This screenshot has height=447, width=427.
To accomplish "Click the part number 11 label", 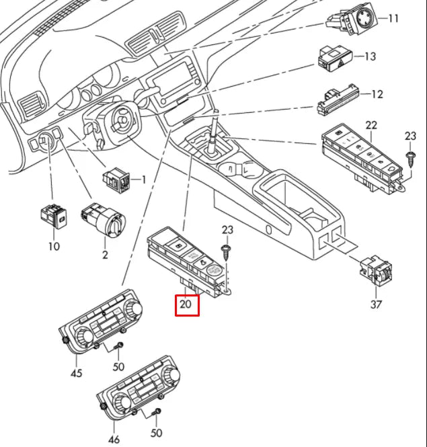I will tap(393, 19).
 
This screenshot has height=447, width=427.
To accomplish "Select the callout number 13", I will tap(370, 56).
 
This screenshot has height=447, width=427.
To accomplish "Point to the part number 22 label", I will tap(371, 124).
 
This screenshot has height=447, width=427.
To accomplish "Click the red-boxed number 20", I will tap(188, 307).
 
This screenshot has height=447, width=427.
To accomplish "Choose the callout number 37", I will tap(376, 304).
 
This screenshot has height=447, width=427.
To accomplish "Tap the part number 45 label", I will tap(77, 372).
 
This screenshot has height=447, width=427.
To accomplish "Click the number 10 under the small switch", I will tap(54, 246).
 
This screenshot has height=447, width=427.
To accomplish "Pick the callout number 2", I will tap(105, 255).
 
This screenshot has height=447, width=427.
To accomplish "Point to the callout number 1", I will tap(143, 179).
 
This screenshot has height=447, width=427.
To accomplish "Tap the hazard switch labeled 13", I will tap(334, 60).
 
